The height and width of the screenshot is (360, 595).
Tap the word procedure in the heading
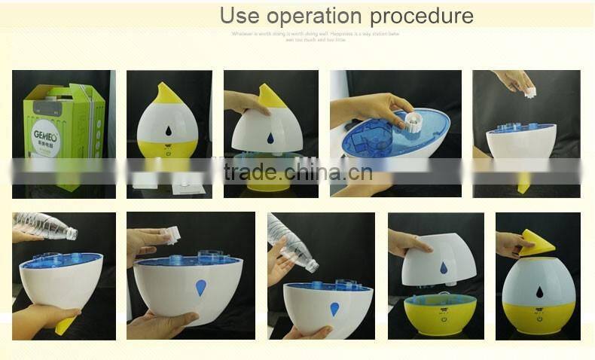tap(427, 16)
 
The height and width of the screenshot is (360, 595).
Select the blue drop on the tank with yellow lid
tap(270, 139)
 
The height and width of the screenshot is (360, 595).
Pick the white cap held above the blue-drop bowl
tap(172, 235)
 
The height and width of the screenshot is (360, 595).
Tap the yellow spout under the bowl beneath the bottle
tap(65, 324)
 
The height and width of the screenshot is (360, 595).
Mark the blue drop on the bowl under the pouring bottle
tap(334, 309)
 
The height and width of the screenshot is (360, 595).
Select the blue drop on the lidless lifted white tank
tap(444, 267)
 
